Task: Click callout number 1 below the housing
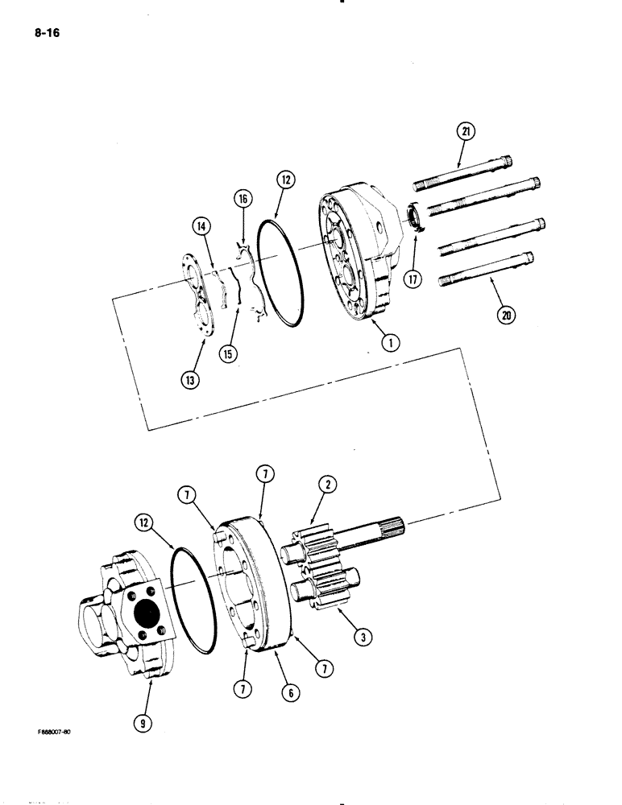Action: (x=388, y=344)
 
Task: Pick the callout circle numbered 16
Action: (x=243, y=197)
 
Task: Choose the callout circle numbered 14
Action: (x=201, y=227)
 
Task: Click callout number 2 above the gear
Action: (x=328, y=485)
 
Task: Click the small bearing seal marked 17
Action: (x=413, y=218)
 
